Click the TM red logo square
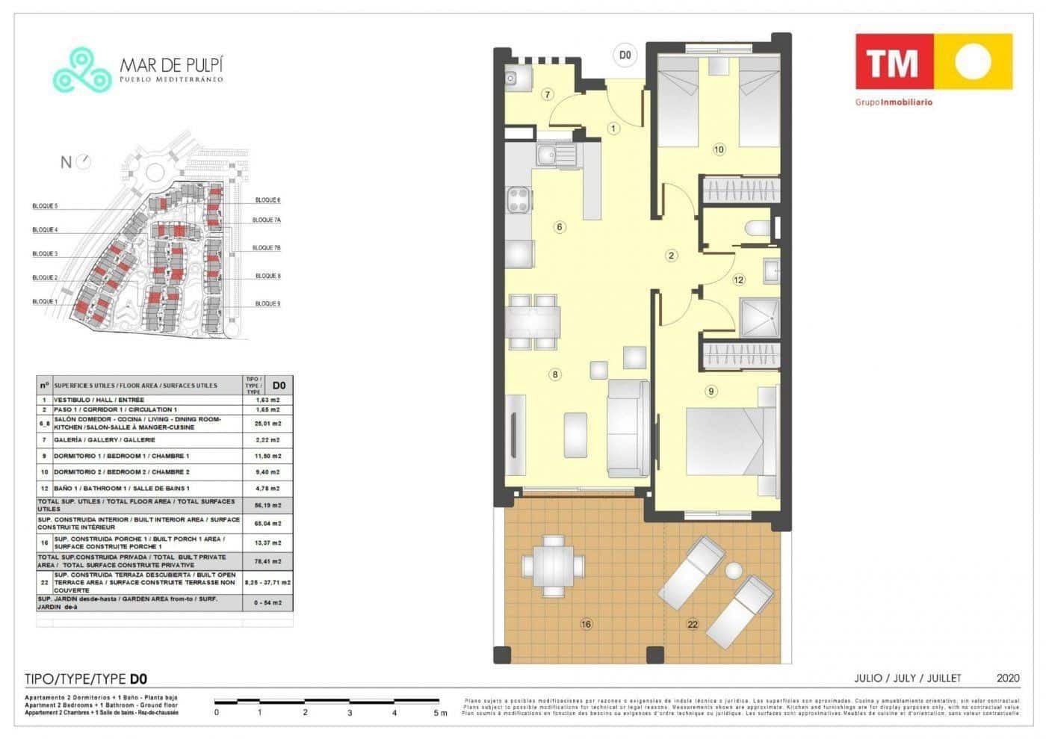click(x=894, y=63)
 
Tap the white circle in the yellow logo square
click(x=973, y=63)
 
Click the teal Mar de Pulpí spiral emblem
click(x=82, y=70)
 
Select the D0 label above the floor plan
click(x=625, y=55)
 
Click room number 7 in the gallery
click(x=548, y=94)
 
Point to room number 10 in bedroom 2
click(x=719, y=149)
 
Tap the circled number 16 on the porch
click(x=586, y=624)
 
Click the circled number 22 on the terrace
click(x=693, y=624)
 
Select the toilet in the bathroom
click(x=758, y=228)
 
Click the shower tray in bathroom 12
click(x=759, y=317)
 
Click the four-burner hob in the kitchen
click(x=519, y=200)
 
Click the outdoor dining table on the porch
click(x=553, y=566)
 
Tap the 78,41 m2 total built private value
click(x=267, y=561)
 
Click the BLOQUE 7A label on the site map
click(x=266, y=220)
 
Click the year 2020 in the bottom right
click(x=1007, y=678)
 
